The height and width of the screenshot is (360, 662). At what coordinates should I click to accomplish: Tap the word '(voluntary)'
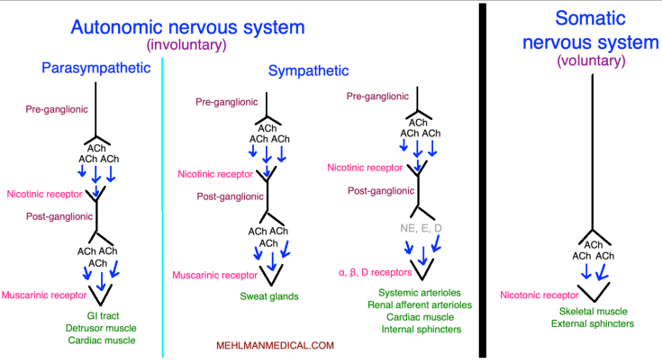pos(590,61)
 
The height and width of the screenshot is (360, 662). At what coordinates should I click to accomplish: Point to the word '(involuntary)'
pos(187,45)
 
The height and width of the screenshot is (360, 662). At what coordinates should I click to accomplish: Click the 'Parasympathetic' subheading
pos(96,68)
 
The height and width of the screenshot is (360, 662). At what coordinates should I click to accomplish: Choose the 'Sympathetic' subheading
pos(308,71)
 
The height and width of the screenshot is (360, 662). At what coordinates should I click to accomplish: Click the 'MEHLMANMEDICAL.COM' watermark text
pos(275,345)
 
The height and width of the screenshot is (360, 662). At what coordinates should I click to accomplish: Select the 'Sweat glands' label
pos(269,296)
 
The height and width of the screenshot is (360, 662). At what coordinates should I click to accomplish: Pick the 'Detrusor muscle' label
pos(101,328)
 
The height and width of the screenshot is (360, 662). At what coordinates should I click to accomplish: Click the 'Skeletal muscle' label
pos(593,312)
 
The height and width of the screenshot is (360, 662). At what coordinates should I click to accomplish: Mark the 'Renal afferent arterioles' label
pos(420,305)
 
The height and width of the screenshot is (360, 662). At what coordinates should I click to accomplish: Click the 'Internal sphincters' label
pos(421,329)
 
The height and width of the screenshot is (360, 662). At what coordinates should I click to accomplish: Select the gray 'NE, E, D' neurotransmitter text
pos(421,228)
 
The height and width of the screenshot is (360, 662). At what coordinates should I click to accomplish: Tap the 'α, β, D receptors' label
pos(375,272)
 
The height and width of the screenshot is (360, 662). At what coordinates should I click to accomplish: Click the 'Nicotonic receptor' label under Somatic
pos(539,295)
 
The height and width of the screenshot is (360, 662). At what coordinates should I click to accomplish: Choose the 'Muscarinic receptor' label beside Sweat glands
pos(215,275)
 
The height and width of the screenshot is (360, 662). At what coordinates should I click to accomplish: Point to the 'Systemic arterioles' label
pos(420,293)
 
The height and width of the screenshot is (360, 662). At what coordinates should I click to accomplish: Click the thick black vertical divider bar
pos(482,179)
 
